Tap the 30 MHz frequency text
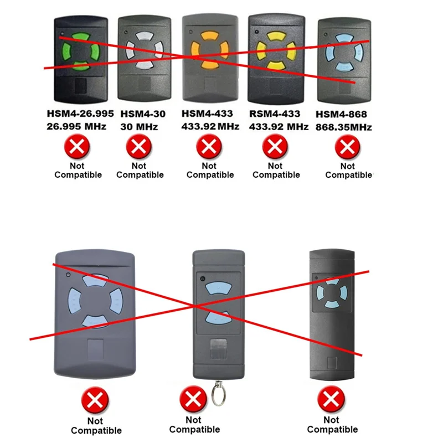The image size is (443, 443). [x=139, y=127]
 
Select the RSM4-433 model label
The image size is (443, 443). [x=275, y=114]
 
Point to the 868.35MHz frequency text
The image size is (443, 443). [x=343, y=127]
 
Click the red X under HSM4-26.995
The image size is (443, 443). [x=78, y=147]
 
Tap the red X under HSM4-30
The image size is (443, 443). [x=139, y=147]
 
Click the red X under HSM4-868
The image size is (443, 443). [x=347, y=147]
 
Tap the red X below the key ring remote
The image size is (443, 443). [x=192, y=398]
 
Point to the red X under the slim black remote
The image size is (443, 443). [x=331, y=398]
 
